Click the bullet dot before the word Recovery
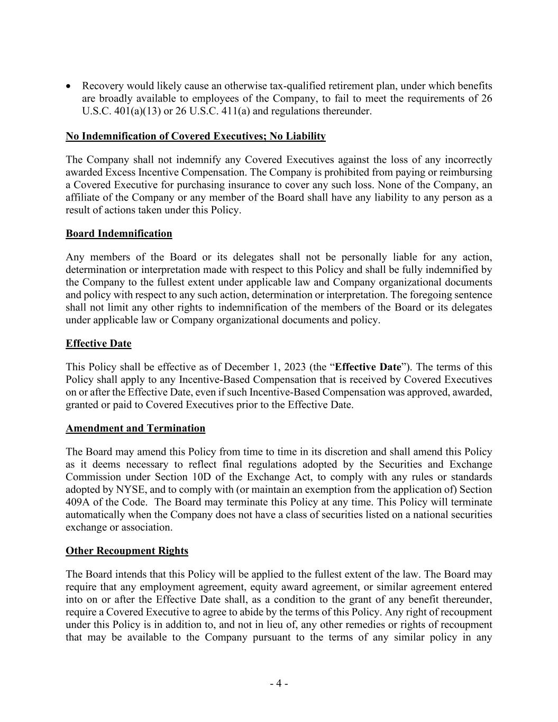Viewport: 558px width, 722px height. click(x=69, y=86)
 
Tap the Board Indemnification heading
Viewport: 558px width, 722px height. click(x=118, y=234)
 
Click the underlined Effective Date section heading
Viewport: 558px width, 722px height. click(x=98, y=344)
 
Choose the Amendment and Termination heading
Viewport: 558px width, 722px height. click(x=135, y=428)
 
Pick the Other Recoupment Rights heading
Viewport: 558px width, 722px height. click(x=127, y=551)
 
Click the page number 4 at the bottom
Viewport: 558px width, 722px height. click(x=279, y=683)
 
